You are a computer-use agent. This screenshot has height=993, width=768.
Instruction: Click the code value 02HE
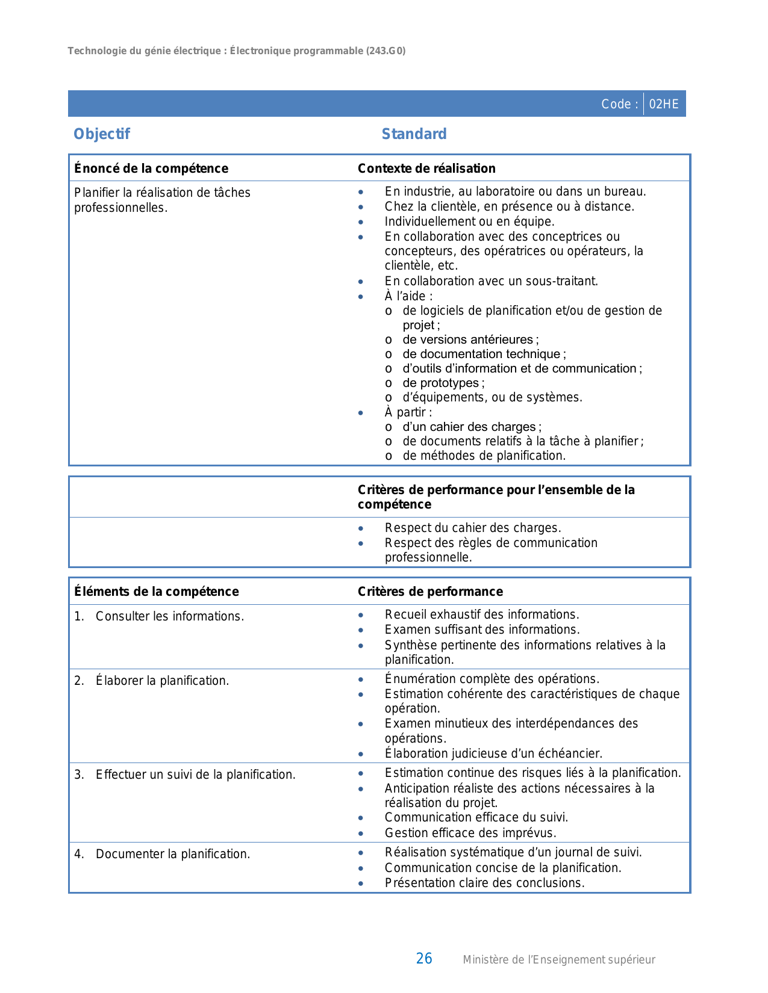664,104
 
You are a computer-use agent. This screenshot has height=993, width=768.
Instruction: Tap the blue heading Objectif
101,134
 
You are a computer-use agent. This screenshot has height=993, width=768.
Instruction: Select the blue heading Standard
414,134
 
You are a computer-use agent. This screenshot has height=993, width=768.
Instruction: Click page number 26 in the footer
424,959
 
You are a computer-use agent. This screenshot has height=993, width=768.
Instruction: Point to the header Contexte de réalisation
426,169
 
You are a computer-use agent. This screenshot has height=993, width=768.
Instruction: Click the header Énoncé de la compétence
151,169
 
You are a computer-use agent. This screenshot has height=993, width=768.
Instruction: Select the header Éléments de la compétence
157,592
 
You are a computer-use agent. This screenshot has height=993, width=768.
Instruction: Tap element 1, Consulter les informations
169,616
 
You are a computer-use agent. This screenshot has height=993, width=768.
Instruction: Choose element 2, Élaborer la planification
162,681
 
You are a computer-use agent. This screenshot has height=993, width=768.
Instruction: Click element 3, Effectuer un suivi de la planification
195,775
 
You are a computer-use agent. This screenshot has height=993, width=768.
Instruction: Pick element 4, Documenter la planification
172,854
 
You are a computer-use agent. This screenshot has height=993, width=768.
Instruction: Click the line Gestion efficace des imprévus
470,833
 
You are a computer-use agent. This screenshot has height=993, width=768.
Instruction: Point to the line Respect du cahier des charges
473,528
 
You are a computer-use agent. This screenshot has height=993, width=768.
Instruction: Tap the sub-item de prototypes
443,383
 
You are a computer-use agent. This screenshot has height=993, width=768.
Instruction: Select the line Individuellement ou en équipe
469,221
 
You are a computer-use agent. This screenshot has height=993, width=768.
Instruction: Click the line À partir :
408,412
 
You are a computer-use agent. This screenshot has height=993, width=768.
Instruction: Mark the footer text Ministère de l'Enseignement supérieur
558,960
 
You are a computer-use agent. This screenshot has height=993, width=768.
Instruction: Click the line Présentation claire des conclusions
484,883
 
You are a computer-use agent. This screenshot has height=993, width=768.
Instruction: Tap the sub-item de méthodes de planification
484,456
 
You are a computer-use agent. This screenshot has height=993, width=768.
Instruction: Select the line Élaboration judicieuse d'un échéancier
493,753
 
